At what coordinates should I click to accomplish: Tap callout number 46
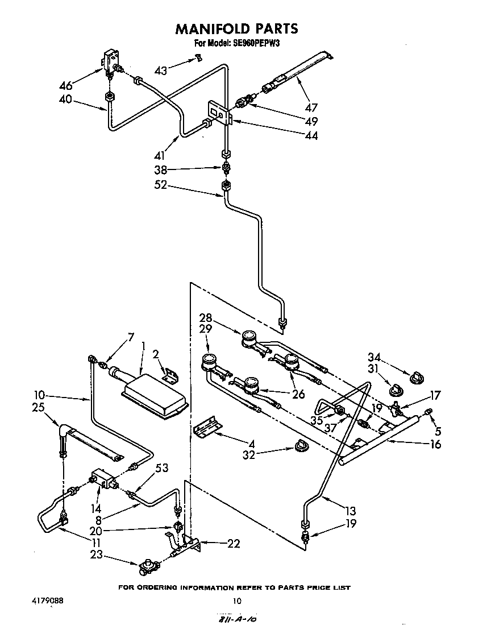pos(66,86)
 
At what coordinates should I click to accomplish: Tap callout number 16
pos(436,445)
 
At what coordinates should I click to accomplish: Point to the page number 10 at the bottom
pos(237,601)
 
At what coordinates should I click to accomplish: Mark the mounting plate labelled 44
pos(219,113)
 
